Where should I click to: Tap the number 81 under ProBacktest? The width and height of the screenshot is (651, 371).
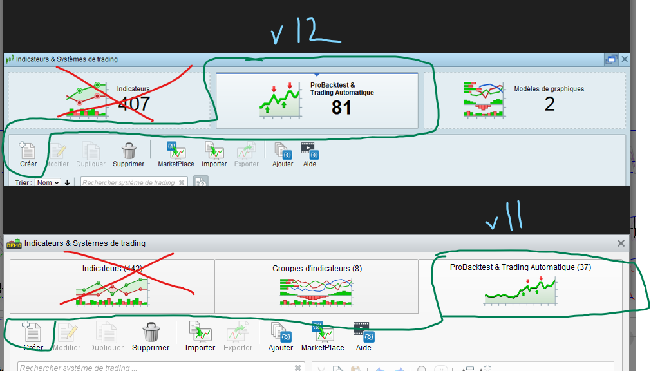[x=341, y=108]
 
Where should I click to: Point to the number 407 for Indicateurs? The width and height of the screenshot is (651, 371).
[x=134, y=103]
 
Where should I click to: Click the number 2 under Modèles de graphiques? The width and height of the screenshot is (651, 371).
[x=549, y=104]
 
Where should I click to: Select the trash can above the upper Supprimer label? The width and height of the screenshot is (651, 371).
[x=129, y=151]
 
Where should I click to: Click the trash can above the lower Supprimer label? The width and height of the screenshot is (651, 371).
[x=151, y=332]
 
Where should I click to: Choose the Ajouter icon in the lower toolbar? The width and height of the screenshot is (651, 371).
[x=281, y=332]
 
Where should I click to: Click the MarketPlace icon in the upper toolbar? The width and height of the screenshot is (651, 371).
[x=176, y=151]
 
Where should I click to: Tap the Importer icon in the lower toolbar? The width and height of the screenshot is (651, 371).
[x=200, y=332]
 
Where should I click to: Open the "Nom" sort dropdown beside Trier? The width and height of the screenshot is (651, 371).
[x=48, y=183]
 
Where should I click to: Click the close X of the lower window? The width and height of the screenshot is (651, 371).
[x=621, y=243]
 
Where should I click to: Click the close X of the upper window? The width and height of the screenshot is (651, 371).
[x=625, y=59]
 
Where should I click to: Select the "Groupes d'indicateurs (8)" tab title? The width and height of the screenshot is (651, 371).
[x=317, y=268]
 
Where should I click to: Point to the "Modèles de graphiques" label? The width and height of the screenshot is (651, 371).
[x=549, y=89]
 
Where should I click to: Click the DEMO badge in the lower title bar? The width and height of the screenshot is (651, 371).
[x=14, y=243]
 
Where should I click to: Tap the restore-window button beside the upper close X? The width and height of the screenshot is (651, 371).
[x=610, y=59]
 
